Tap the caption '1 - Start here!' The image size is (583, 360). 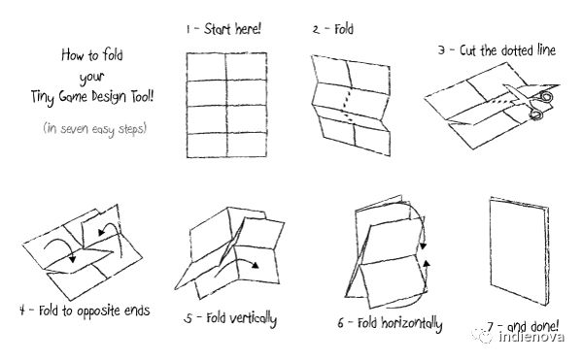click(223, 29)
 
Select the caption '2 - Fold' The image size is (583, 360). click(333, 29)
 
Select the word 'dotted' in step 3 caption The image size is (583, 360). click(510, 49)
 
